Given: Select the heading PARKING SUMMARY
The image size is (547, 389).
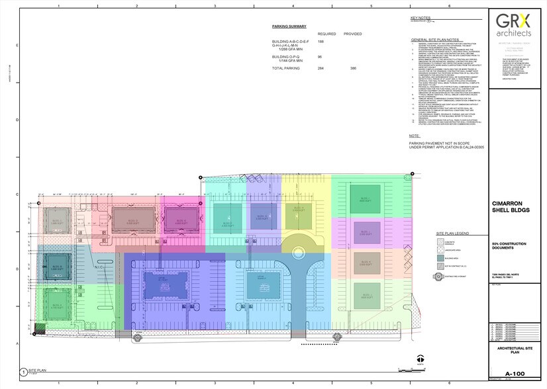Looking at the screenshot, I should [289, 26].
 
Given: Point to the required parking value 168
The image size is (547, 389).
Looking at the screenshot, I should [321, 41].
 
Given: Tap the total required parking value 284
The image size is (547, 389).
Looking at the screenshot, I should [321, 69].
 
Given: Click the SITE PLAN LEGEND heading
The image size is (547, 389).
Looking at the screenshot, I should [452, 234].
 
